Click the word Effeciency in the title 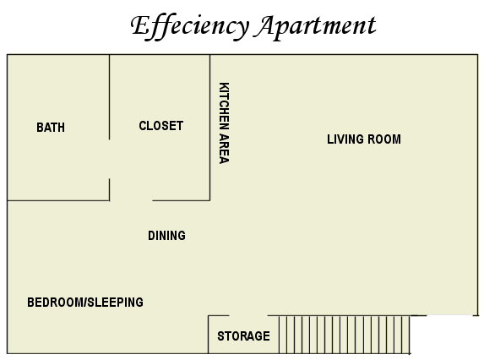(190, 26)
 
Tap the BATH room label (51, 128)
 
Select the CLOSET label (160, 126)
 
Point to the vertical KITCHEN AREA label (224, 123)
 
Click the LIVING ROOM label (364, 139)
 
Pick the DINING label (166, 236)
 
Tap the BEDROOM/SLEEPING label (85, 303)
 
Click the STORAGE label (243, 336)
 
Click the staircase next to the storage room (345, 335)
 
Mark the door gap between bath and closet (109, 159)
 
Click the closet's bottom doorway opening (131, 200)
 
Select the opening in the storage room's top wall (248, 315)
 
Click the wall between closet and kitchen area (209, 128)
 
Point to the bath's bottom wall (58, 200)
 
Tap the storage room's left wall (209, 335)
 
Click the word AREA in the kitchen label (224, 149)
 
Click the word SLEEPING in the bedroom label (116, 303)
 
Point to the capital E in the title (142, 25)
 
